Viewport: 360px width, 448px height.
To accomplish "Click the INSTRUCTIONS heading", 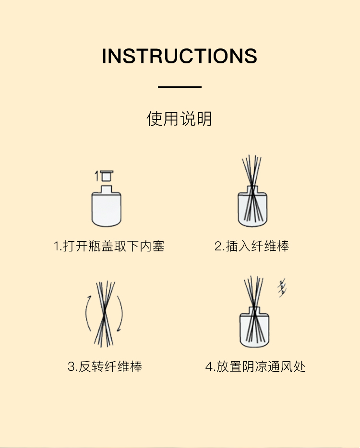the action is (x=180, y=56).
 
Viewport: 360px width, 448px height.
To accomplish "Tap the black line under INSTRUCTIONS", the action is (x=180, y=87).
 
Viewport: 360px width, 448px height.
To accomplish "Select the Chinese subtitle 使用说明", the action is (x=180, y=118).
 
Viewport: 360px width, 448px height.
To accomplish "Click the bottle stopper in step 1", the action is (x=107, y=176).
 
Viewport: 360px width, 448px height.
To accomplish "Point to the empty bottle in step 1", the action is (x=107, y=206).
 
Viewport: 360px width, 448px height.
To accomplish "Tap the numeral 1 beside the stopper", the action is (x=97, y=176).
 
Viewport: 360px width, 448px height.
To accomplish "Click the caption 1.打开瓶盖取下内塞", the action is (x=109, y=246).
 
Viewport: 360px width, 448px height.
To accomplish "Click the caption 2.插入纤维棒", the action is (x=252, y=246).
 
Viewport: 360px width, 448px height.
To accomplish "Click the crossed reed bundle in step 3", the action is (x=104, y=314).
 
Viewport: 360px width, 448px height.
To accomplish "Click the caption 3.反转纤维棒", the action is (x=105, y=366).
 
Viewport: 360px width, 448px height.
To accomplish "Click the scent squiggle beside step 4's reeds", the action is (x=282, y=288).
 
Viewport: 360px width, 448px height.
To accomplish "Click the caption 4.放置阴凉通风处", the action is (x=255, y=366).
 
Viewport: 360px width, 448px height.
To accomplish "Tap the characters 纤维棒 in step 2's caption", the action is (x=270, y=246).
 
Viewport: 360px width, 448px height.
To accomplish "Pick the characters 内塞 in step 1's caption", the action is (x=152, y=246).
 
